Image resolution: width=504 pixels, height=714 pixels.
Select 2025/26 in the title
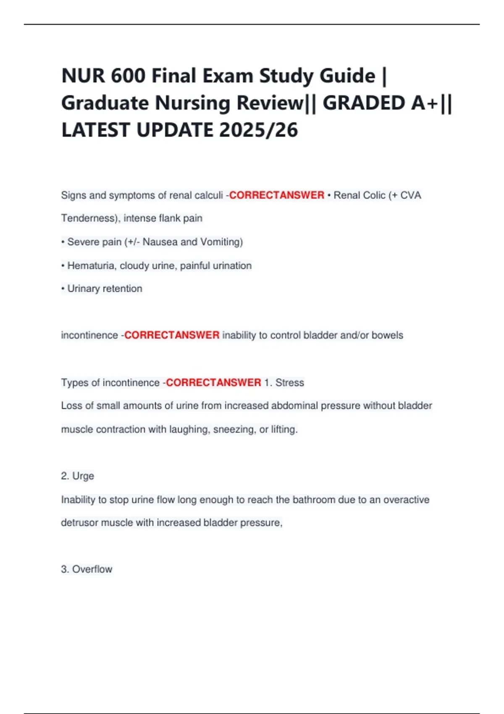point(258,130)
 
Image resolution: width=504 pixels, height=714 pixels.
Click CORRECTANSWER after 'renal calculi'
point(276,195)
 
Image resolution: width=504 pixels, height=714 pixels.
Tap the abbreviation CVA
point(410,195)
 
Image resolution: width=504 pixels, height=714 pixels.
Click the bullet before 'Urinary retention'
point(63,289)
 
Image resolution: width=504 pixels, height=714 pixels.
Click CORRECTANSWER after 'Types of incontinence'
point(213,383)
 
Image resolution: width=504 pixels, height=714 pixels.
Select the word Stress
point(289,383)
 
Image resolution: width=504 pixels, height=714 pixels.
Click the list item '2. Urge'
point(77,476)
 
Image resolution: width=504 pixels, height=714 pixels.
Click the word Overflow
point(92,569)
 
